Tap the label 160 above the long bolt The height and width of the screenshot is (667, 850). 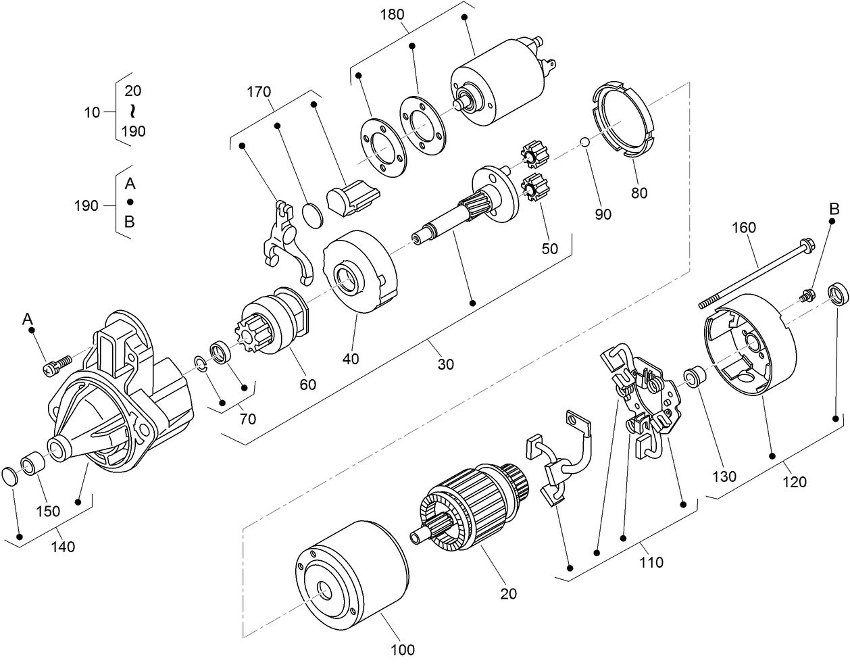pos(743,228)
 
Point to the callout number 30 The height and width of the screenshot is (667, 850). pos(445,364)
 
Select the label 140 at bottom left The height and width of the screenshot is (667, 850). pos(63,547)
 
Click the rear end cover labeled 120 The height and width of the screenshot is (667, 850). pos(750,348)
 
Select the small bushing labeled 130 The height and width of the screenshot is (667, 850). pos(693,377)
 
